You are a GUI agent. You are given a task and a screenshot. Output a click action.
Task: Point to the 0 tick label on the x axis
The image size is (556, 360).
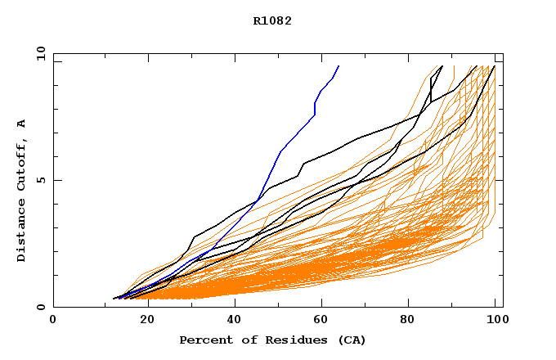(53, 321)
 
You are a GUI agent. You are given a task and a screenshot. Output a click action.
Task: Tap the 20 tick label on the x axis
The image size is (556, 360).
(141, 321)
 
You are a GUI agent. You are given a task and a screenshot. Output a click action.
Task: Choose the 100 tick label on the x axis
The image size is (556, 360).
(495, 321)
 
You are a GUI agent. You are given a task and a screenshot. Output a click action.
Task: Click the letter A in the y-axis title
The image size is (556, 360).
(21, 124)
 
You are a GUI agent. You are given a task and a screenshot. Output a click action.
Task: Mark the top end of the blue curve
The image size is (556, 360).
(339, 66)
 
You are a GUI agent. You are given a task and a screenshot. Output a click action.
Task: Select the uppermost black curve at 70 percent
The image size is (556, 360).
(363, 137)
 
